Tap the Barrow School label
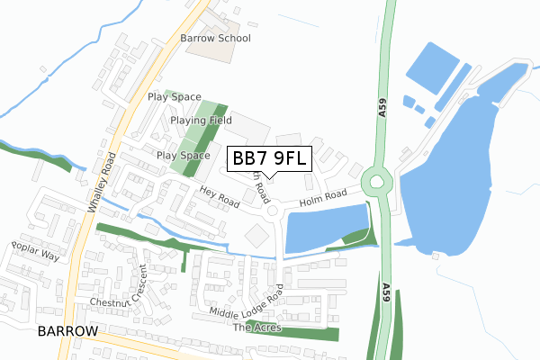(214, 39)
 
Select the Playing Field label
(201, 120)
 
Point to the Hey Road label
(220, 197)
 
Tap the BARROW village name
(67, 331)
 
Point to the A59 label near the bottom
(385, 289)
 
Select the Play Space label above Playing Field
(173, 96)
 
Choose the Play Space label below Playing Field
(183, 156)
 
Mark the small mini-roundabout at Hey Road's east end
(271, 211)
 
